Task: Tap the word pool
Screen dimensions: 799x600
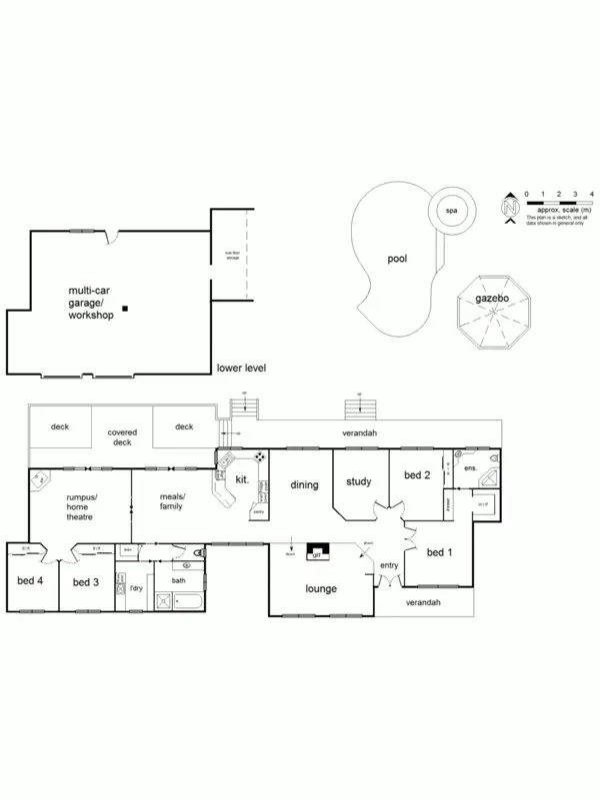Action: click(397, 259)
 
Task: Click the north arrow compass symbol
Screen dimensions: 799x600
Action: click(510, 208)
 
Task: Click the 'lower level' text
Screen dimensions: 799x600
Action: click(241, 369)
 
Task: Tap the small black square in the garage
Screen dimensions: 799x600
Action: click(124, 308)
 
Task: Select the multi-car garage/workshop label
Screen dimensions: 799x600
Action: click(89, 301)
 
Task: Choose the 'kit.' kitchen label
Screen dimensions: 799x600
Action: click(241, 480)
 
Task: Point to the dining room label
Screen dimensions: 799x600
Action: click(304, 485)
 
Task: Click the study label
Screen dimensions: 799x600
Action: click(358, 482)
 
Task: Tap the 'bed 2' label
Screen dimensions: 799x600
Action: click(416, 475)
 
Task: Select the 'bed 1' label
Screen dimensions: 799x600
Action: click(440, 552)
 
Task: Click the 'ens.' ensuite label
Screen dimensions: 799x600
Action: click(469, 467)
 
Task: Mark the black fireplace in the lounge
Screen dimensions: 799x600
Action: click(317, 551)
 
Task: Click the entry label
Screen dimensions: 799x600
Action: click(388, 566)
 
